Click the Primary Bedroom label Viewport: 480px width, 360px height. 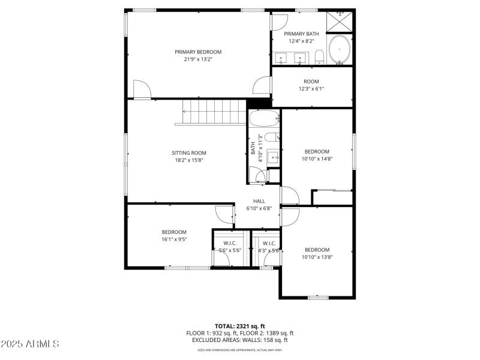click(x=198, y=52)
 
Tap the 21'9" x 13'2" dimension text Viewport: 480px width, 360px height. click(x=198, y=59)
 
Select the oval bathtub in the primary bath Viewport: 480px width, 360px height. click(x=340, y=50)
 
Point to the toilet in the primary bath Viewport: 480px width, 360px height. click(x=319, y=57)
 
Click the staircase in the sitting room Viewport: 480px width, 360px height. click(x=211, y=113)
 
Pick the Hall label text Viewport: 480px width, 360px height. click(x=259, y=201)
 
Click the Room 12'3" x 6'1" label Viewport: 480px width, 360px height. click(x=311, y=82)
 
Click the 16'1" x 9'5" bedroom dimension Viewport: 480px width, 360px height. click(x=174, y=239)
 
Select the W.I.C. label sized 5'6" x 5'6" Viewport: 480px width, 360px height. click(x=230, y=243)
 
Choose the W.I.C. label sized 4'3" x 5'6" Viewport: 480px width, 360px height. click(x=269, y=243)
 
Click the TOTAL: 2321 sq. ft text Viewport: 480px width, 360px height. click(x=239, y=326)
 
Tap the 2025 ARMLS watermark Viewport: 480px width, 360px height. click(x=30, y=344)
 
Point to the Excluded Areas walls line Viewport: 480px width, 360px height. click(x=239, y=340)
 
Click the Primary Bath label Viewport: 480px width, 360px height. click(x=301, y=34)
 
